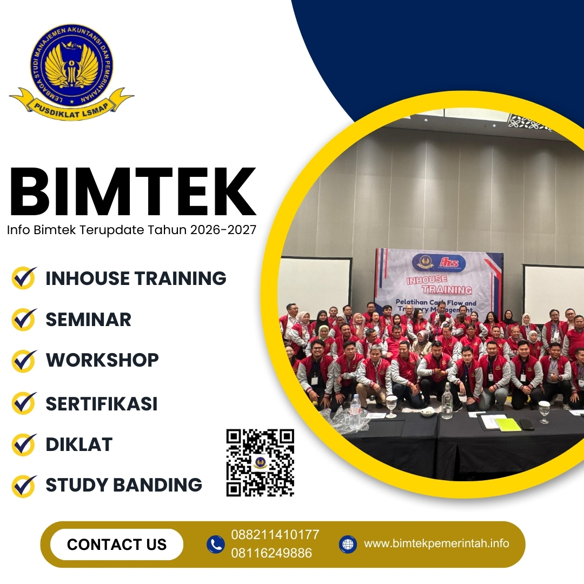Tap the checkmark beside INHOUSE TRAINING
24,278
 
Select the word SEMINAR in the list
88,320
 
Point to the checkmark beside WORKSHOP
24,361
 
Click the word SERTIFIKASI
101,403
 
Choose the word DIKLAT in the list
79,444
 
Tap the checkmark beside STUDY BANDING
24,486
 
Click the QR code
260,463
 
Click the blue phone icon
216,544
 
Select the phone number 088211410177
275,535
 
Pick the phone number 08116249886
271,553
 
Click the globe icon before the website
348,544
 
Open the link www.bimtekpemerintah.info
436,543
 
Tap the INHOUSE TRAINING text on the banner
439,284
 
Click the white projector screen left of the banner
315,284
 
